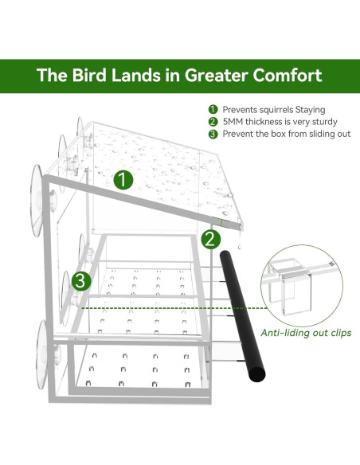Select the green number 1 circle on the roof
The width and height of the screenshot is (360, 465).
coord(122,179)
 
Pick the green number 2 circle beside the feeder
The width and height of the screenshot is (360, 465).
coord(210,238)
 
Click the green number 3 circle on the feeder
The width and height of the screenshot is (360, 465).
coord(80,280)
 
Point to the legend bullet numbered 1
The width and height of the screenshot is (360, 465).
coord(213,110)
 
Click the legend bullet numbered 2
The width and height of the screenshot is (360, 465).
coord(213,122)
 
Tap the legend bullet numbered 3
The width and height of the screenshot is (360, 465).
coord(213,134)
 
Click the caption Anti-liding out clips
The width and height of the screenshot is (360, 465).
coord(307,332)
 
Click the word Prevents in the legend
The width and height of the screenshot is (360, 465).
coord(241,110)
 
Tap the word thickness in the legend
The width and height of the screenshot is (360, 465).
coord(272,122)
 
